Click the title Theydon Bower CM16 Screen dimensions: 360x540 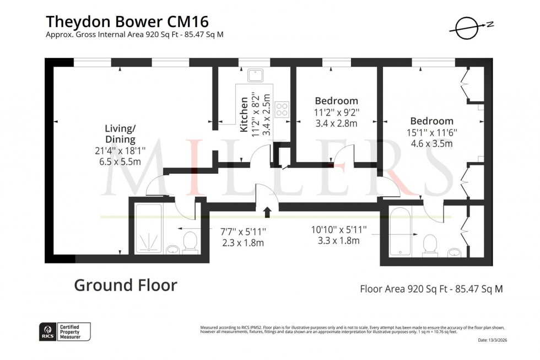point(127,21)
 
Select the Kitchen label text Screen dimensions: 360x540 point(244,113)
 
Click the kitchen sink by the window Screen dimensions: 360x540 point(257,75)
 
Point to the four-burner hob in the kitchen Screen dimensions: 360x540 point(282,109)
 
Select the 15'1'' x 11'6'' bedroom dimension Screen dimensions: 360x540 point(431,133)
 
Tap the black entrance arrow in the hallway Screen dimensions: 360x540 point(268,212)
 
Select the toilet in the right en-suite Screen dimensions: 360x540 point(430,245)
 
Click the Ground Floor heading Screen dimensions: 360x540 point(126,285)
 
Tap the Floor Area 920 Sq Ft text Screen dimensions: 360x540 point(431,288)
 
